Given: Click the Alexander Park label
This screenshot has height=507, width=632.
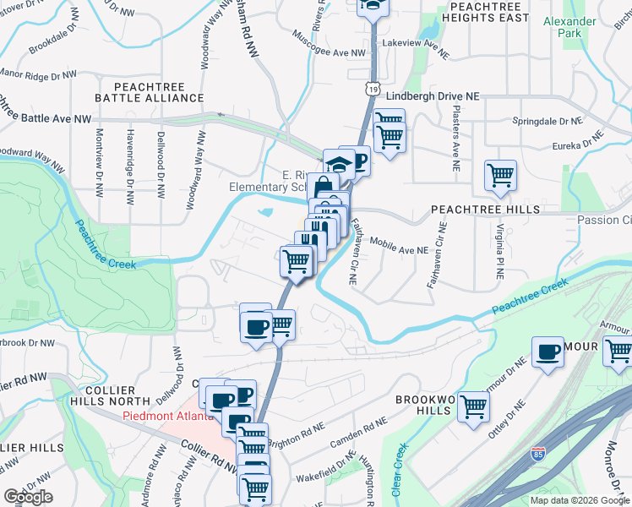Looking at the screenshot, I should pyautogui.click(x=586, y=27).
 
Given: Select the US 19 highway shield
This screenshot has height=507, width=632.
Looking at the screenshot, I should pyautogui.click(x=373, y=87).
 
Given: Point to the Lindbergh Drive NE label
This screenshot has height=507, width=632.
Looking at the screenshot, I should pyautogui.click(x=431, y=96).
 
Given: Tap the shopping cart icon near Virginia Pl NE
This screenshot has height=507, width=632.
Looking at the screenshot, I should pyautogui.click(x=500, y=176).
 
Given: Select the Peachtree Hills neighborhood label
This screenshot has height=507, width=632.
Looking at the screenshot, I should pyautogui.click(x=473, y=209).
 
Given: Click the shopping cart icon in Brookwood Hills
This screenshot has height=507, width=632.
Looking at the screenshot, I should pyautogui.click(x=473, y=406).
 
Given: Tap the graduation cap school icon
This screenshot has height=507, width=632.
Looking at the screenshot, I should pyautogui.click(x=338, y=164).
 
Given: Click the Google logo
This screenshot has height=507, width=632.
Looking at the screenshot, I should pyautogui.click(x=28, y=498).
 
